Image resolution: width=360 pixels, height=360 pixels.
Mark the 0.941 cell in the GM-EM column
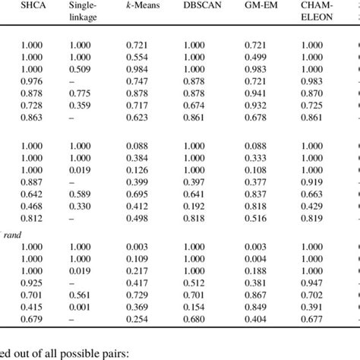(x=258, y=93)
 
